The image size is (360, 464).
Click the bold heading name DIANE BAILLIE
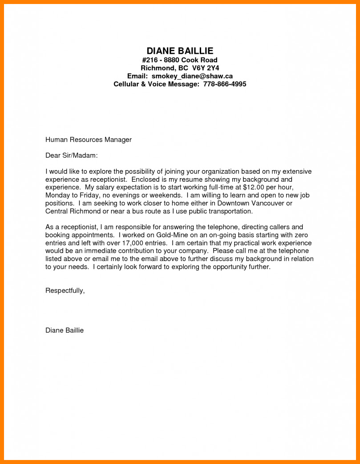pyautogui.click(x=180, y=51)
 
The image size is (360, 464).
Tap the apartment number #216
pyautogui.click(x=150, y=60)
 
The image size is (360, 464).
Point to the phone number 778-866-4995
pyautogui.click(x=225, y=84)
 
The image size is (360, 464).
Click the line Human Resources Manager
pyautogui.click(x=89, y=140)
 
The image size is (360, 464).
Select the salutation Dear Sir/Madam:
pyautogui.click(x=71, y=156)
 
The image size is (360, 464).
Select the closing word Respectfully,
pyautogui.click(x=65, y=291)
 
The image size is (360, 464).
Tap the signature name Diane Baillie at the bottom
pyautogui.click(x=65, y=330)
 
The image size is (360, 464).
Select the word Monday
pyautogui.click(x=58, y=195)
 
